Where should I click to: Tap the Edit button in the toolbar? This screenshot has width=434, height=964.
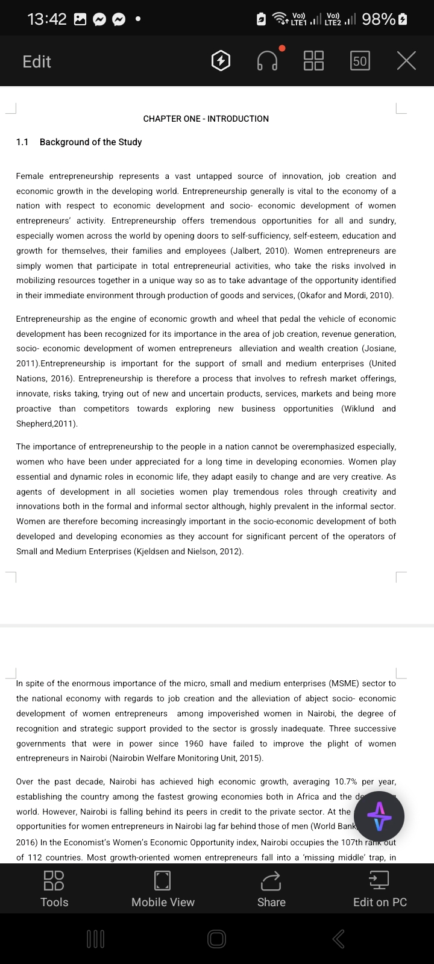pos(37,61)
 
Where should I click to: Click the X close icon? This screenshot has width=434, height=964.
pos(406,61)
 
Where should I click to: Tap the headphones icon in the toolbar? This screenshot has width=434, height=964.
pos(268,61)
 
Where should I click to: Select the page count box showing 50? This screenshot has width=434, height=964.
pos(360,61)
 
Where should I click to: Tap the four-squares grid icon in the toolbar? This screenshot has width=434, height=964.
pos(313,61)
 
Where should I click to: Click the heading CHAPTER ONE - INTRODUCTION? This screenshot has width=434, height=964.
pos(206,119)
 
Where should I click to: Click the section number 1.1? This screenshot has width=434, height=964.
pos(22,142)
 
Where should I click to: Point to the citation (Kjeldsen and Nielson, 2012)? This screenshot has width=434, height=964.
pos(188,551)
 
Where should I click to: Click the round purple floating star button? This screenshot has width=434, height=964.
pos(379,816)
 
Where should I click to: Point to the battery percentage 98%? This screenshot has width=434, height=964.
pos(379,19)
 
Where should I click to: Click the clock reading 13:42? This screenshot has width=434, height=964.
pos(47,19)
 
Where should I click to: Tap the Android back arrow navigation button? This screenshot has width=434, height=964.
pos(339,939)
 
